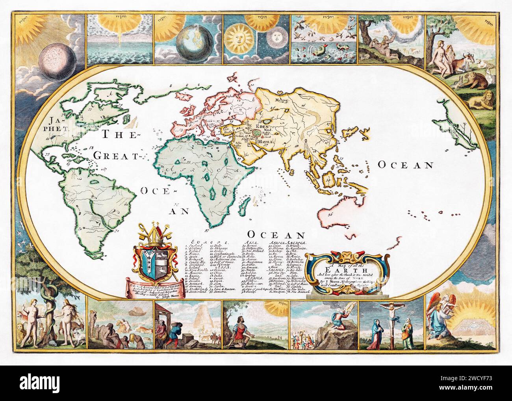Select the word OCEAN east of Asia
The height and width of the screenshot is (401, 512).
(406, 165)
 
